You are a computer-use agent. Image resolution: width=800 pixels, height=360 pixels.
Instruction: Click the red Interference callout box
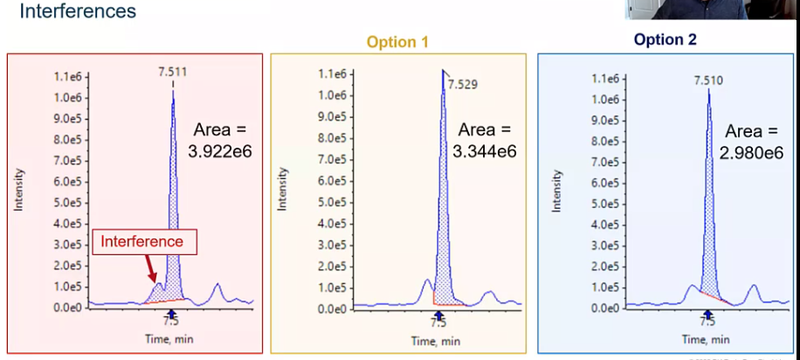144,241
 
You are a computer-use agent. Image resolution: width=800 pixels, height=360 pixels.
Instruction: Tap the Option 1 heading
397,42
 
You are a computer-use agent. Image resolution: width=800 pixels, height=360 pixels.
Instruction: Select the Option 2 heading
666,39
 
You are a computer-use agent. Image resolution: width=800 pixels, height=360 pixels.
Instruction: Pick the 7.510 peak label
708,80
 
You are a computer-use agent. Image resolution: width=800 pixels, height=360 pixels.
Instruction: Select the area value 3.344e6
484,151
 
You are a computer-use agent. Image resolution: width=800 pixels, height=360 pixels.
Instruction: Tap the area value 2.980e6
751,154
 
